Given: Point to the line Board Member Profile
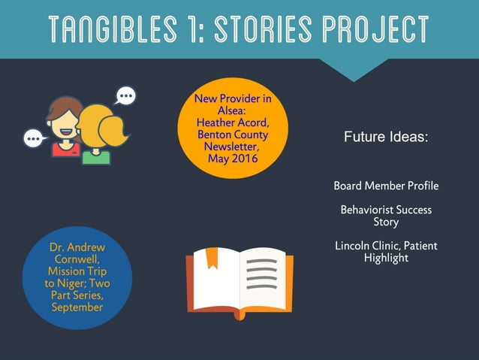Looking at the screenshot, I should point(386,186).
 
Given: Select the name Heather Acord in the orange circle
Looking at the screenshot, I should point(233,123).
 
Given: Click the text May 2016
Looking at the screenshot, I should point(233,159).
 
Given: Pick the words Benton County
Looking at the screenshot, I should point(233,135).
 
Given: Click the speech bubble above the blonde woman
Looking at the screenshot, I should point(125,95).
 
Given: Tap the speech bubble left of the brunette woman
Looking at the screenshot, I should point(34,138).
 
